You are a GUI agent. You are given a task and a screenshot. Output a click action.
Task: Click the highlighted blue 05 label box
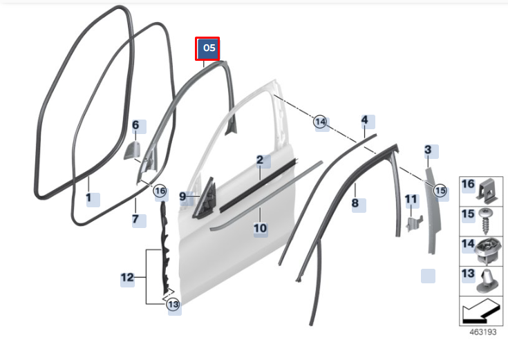point(207,48)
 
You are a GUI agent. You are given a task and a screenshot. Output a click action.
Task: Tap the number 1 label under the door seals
point(88,198)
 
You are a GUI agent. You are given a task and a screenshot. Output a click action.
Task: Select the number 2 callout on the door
point(260,160)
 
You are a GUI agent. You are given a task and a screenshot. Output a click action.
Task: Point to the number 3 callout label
point(428,150)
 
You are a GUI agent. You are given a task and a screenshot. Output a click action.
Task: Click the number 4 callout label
point(365,120)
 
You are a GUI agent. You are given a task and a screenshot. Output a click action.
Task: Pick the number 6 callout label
point(135,125)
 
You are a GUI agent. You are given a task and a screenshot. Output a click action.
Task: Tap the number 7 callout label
point(135,219)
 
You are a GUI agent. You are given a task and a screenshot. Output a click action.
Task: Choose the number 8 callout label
point(355,203)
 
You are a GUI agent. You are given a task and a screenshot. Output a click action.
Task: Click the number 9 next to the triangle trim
point(182,196)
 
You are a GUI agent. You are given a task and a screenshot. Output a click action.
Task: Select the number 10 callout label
point(260,228)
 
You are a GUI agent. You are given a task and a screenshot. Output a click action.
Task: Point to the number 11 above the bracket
point(411,199)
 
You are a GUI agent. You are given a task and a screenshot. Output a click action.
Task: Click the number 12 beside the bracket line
point(127,277)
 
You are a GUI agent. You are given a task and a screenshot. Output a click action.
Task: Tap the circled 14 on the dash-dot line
point(320,122)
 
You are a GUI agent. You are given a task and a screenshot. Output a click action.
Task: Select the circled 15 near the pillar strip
point(440,190)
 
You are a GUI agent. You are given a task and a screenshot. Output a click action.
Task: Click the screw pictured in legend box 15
point(486,222)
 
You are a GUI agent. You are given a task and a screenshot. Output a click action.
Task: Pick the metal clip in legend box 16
point(487,191)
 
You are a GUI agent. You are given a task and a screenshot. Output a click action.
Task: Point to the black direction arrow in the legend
point(480,312)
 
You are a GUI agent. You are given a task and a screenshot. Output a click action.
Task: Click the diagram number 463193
point(483,332)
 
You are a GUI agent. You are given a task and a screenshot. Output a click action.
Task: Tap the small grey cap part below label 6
point(132,151)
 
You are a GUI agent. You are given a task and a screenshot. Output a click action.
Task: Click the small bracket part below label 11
point(415,223)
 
